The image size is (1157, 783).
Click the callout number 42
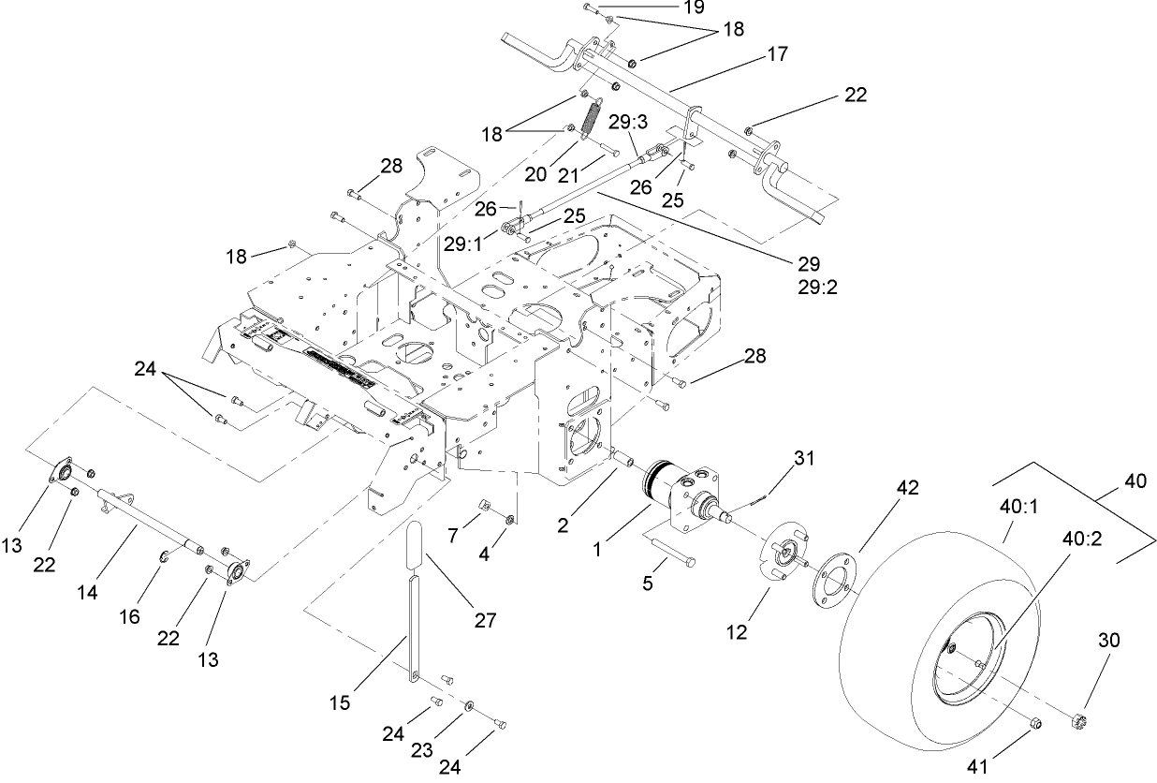(882, 488)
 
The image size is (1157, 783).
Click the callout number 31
(804, 458)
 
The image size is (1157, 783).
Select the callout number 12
(736, 632)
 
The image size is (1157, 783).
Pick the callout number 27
(484, 619)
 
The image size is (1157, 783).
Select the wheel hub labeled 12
(784, 558)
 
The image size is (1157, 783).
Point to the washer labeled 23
(467, 704)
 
